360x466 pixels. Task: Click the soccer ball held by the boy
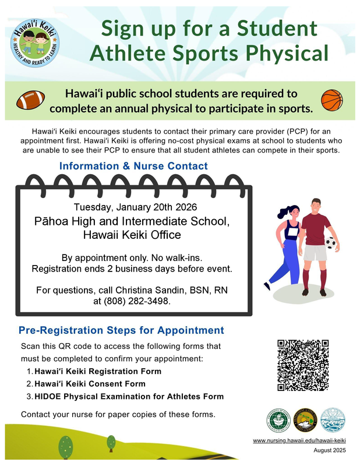coord(331,242)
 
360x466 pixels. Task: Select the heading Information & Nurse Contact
coord(133,167)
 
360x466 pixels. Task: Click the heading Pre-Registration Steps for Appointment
coord(121,330)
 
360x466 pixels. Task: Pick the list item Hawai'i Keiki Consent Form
coord(90,384)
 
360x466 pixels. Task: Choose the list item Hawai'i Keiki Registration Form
coord(98,371)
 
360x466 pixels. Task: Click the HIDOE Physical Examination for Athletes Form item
coord(129,397)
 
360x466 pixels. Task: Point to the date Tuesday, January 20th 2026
coord(135,207)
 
